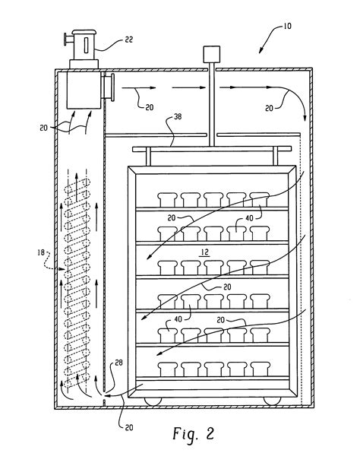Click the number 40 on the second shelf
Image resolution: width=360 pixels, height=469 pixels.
click(x=248, y=220)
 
